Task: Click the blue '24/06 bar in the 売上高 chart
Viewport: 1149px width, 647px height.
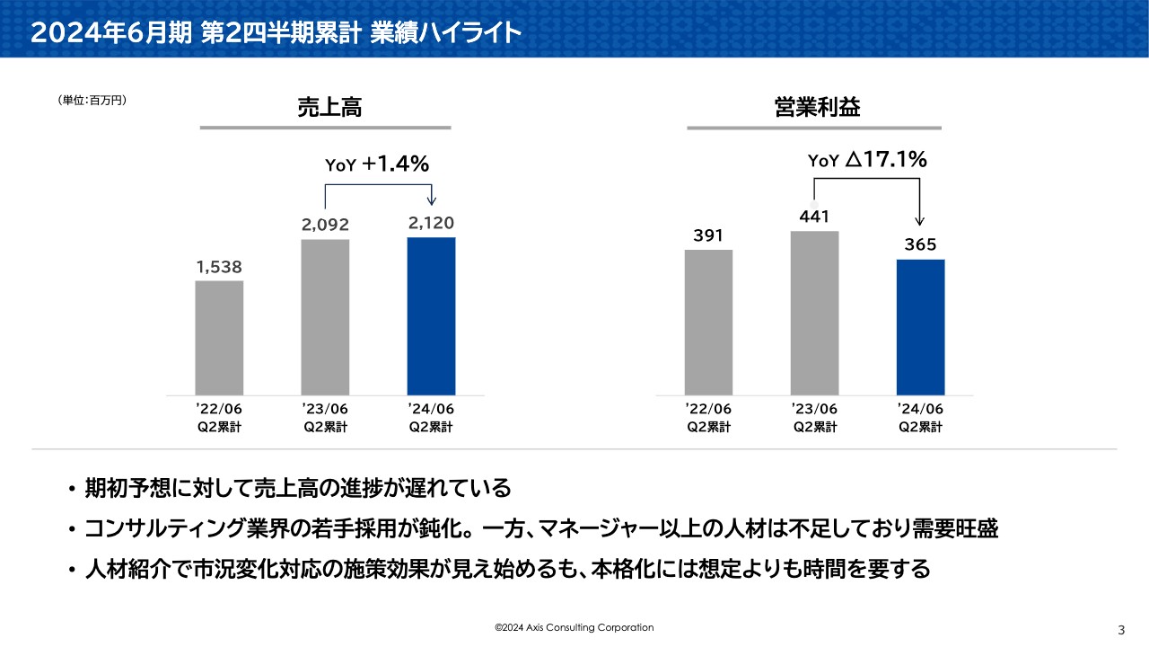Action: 431,315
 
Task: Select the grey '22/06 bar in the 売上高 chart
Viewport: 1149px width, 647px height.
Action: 219,337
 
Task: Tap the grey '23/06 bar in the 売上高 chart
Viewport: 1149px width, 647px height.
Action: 325,316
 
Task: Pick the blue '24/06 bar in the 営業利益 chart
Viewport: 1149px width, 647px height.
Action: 921,327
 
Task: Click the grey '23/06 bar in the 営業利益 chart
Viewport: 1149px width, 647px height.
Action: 814,313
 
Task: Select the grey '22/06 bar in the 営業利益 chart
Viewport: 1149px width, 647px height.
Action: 708,322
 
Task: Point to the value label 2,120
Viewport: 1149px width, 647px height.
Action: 431,223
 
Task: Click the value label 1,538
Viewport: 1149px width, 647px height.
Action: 219,267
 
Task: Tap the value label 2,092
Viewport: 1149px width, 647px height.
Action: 325,225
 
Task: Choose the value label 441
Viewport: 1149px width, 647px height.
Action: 814,217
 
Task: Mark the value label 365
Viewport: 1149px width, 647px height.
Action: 921,244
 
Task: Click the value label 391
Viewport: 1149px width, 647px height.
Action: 708,235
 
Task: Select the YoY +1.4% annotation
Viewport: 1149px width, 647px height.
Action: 377,164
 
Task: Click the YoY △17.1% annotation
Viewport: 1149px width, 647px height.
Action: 867,160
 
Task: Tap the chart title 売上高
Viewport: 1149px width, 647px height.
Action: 329,108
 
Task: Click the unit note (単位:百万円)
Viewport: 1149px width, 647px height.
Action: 92,101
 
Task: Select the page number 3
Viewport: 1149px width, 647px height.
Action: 1120,628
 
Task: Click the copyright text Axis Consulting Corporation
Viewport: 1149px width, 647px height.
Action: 574,627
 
